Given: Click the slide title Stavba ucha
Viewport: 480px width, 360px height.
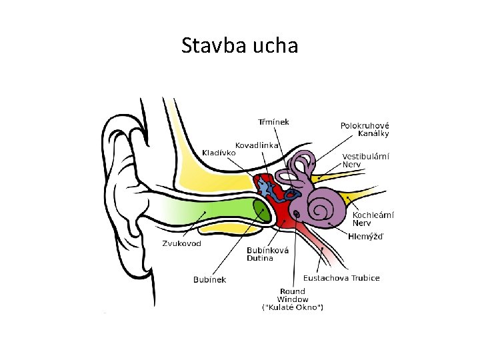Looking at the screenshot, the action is coord(239,46).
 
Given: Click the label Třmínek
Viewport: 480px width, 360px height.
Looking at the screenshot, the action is coord(273,121).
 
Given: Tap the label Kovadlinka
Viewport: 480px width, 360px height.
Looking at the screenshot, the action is coord(257,145).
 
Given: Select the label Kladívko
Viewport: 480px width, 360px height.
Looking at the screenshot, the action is coord(219,153).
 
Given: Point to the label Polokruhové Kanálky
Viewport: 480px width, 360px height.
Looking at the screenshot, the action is coord(365,129).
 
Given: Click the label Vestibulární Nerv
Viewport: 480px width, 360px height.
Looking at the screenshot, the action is coord(366,160).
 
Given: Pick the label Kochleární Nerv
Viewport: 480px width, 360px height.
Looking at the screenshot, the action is coord(373,219).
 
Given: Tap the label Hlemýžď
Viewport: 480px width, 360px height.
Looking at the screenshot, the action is coord(366,237).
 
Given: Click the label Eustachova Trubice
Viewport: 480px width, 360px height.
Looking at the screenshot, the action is coord(341,278).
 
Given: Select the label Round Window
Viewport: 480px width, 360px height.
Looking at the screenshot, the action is coord(293,295).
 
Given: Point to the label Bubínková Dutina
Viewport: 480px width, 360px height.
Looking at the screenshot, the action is coord(267,254).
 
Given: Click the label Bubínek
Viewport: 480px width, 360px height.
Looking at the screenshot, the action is coord(209,279).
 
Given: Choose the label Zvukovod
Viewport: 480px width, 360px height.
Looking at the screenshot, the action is coord(181,243).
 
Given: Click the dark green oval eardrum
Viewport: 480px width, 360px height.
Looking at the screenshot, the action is coord(261,210).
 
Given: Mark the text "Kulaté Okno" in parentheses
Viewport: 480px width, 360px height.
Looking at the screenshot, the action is coord(293,307).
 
